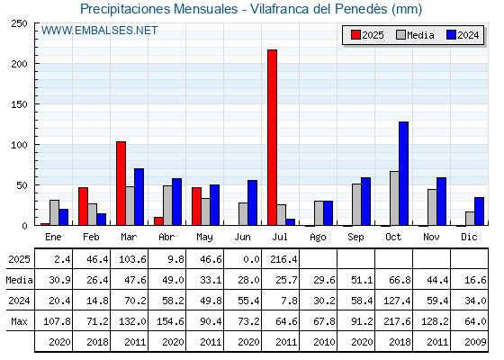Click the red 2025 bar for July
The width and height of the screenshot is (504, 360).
(x=272, y=138)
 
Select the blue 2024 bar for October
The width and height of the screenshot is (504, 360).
(x=404, y=174)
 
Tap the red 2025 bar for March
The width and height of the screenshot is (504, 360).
(x=121, y=184)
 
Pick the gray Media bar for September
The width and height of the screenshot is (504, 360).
(x=356, y=204)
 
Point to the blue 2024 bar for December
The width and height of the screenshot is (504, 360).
(x=479, y=211)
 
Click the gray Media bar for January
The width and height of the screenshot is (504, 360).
(x=54, y=212)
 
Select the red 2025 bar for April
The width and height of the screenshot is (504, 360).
(x=158, y=221)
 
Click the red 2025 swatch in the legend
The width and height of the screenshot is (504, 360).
(x=355, y=35)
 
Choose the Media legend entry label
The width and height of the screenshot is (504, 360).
(x=420, y=35)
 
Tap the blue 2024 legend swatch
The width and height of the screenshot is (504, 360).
(x=451, y=35)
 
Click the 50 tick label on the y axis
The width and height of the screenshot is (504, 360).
(x=22, y=185)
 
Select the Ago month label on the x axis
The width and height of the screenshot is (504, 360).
(x=318, y=238)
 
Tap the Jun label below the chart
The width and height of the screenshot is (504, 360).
(x=242, y=237)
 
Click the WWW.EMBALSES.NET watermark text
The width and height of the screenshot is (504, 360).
(x=99, y=31)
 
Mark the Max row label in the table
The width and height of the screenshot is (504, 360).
(x=19, y=321)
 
